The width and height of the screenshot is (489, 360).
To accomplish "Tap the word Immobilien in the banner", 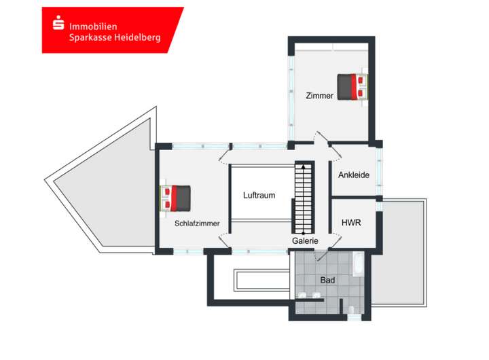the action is pos(92,25).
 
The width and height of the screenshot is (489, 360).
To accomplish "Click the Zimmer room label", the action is pos(319,96).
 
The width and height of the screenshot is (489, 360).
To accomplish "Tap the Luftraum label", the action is pos(259,196).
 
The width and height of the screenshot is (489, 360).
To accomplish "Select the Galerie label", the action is pos(305,240).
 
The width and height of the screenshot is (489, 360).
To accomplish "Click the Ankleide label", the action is pos(354,175).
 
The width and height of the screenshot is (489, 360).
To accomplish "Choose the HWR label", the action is pos(351,223).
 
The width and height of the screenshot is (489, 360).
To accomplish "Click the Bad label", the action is pos(327,280).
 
